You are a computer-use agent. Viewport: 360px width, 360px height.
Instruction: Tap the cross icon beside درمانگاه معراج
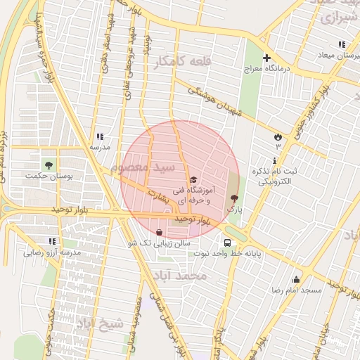click(266, 58)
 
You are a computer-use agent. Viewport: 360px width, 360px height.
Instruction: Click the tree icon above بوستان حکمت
click(49, 165)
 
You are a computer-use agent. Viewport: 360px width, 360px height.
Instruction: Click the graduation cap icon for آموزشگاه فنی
click(194, 180)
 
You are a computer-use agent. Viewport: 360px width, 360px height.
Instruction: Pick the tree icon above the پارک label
click(234, 199)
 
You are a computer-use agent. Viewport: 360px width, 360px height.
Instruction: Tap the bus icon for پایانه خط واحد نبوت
click(226, 243)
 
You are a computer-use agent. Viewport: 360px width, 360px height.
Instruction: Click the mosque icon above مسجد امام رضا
click(296, 279)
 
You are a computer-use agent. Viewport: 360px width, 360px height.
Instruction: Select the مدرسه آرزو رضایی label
click(51, 251)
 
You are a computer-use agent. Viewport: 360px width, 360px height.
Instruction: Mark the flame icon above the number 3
click(278, 136)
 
